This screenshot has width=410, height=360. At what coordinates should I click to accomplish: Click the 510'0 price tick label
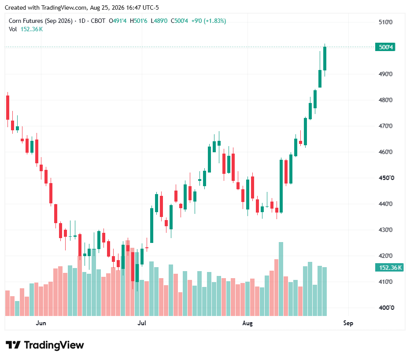pos(385,22)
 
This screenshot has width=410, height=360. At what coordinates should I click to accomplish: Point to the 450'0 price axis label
pos(386,178)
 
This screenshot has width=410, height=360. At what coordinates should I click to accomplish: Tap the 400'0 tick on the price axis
pos(386,308)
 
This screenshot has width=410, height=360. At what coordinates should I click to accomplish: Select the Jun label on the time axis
pos(41,323)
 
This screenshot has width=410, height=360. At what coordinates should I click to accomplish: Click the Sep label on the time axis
pos(348,323)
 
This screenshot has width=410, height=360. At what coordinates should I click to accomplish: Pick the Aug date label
pos(247,323)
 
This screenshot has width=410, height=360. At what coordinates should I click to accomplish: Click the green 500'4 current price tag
pos(385,47)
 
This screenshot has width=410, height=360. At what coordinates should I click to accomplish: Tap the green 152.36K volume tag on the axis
pos(389,268)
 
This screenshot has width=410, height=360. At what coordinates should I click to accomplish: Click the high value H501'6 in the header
pos(139,21)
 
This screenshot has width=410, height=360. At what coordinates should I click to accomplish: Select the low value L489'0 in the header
pos(159,21)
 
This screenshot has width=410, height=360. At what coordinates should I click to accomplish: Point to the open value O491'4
pos(118,21)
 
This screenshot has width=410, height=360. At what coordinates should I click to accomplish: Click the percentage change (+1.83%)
pos(216,21)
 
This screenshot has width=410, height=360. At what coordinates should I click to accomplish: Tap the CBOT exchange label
pos(98,21)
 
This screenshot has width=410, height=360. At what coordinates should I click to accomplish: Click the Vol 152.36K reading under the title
pos(26,29)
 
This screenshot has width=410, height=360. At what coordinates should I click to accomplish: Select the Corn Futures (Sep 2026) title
pos(41,21)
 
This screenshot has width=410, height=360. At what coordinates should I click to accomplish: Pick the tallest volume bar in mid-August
pos(281,279)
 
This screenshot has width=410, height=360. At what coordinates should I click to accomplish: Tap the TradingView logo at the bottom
pos(45,345)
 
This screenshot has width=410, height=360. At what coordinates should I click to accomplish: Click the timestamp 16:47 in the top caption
pos(134,8)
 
